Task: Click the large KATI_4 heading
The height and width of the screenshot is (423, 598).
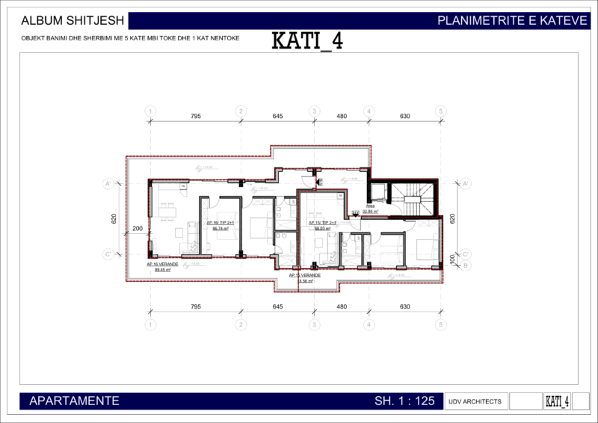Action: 306,40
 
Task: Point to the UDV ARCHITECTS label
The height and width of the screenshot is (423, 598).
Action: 475,401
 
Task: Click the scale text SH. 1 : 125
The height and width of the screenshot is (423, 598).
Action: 404,401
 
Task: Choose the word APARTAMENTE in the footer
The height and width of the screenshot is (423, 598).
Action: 74,401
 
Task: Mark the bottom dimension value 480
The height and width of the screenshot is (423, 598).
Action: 342,307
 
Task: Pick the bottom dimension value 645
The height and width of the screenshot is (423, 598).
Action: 277,307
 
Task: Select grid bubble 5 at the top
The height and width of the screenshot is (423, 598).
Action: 441,111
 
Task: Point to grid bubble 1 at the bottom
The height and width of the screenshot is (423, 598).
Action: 151,325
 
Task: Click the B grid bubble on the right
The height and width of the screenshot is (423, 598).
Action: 465,265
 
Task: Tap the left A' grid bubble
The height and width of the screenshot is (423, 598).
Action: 108,183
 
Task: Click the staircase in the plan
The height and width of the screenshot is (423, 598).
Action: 413,199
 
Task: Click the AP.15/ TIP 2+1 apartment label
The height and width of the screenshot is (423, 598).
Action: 322,223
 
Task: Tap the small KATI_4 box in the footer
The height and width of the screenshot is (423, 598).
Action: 557,401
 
